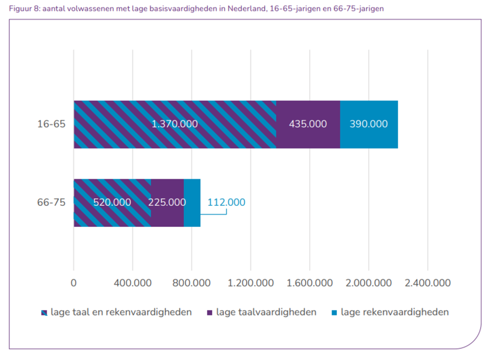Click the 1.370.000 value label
point(174,124)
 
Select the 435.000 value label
point(308,124)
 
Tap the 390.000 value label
point(369,124)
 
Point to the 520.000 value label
point(112,203)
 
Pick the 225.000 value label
point(167,203)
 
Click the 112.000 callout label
point(226,203)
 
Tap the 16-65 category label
point(51,124)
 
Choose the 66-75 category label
point(51,203)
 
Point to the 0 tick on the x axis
point(74,283)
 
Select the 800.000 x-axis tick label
point(191,283)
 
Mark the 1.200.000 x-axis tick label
point(251,283)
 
